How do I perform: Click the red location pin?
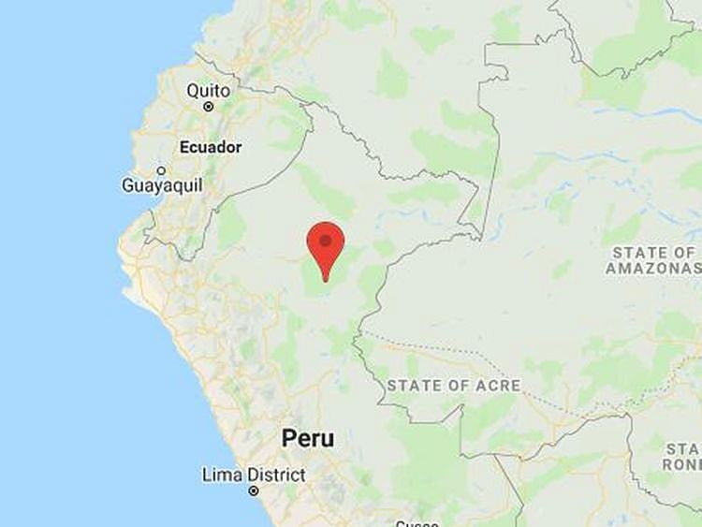[326, 245]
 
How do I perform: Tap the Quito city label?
[208, 91]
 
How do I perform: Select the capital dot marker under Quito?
[209, 107]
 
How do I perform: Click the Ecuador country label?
[211, 147]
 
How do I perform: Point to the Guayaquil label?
[160, 185]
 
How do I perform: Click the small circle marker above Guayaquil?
[161, 170]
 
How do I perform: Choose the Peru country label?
[308, 438]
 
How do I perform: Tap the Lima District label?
[254, 476]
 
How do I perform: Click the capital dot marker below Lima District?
[254, 490]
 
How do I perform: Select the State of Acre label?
[454, 386]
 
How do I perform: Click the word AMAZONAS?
[651, 269]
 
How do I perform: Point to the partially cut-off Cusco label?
[417, 523]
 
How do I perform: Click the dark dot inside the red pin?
[326, 240]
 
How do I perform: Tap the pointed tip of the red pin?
[326, 279]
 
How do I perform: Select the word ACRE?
[500, 386]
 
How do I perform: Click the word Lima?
[221, 476]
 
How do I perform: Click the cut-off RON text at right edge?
[682, 464]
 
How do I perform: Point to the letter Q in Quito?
[193, 91]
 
